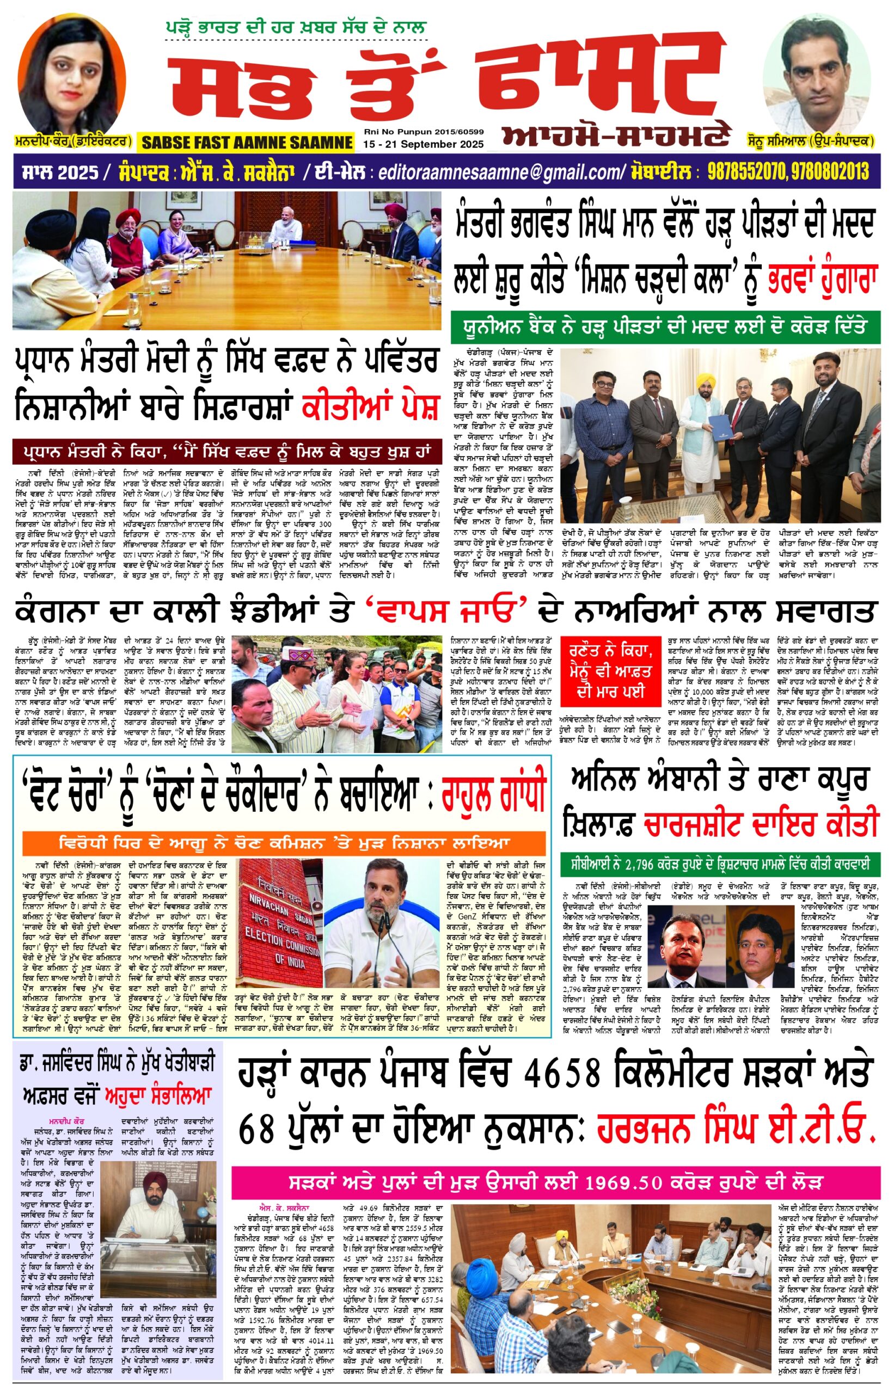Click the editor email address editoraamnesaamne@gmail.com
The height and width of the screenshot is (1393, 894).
click(x=500, y=172)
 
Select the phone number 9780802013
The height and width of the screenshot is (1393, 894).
click(x=830, y=172)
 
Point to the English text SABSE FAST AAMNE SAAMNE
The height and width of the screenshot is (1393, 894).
click(x=247, y=142)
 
